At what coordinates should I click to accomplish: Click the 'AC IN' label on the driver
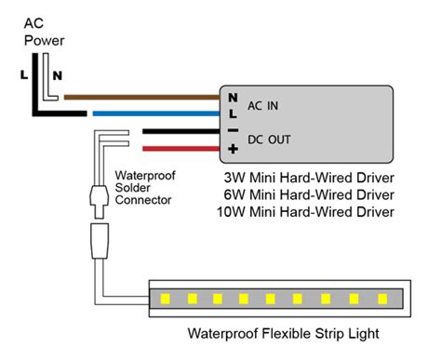(261, 105)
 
